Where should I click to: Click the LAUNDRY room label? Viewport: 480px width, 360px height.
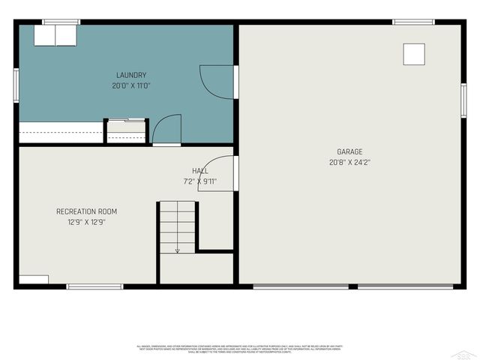(131, 75)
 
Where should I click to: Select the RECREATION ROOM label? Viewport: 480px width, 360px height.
(86, 211)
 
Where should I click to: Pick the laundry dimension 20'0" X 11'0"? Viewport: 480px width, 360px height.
(131, 85)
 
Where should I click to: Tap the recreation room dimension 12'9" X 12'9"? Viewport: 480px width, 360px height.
(86, 222)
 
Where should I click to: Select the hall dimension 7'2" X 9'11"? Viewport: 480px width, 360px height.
(200, 181)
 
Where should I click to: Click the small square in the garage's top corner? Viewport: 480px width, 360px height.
(414, 54)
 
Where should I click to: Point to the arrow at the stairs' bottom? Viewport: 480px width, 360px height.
(177, 250)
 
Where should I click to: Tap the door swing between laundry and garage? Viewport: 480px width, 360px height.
(218, 81)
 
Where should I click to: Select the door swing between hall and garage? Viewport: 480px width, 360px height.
(217, 173)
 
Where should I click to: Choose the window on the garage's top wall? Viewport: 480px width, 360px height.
(413, 22)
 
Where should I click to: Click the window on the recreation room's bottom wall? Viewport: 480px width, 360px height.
(94, 286)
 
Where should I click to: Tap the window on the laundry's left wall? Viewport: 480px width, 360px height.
(16, 83)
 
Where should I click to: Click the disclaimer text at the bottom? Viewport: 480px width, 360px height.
(239, 349)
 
